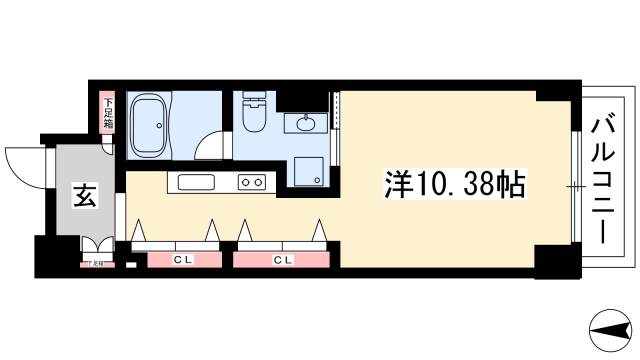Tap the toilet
click(x=252, y=115)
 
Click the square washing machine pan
click(x=308, y=171)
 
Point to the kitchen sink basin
click(x=196, y=182)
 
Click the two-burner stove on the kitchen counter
click(x=251, y=182)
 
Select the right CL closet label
click(x=283, y=260)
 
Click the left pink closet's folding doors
click(x=176, y=236)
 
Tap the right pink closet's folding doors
click(x=283, y=236)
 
